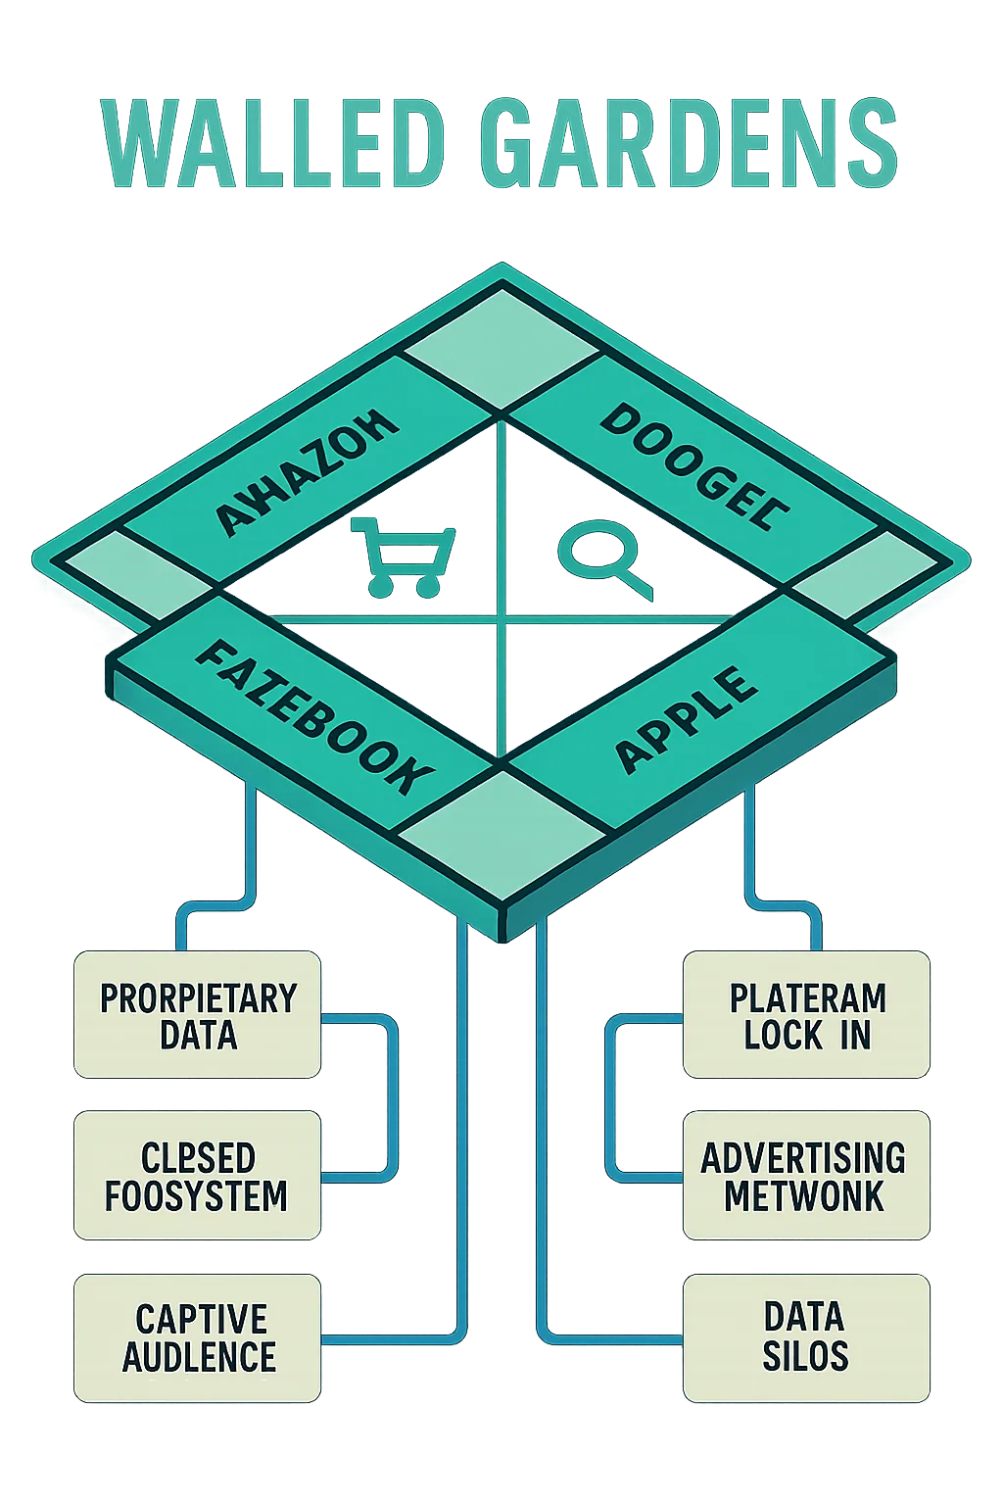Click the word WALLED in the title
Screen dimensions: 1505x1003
[x=274, y=145]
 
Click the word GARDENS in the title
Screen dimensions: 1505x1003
[x=689, y=145]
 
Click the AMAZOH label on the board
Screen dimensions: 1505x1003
[x=307, y=472]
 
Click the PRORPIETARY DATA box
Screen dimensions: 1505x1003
[x=197, y=1015]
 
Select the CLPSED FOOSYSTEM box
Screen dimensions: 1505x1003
[x=197, y=1176]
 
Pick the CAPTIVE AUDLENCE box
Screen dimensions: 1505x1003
[x=197, y=1337]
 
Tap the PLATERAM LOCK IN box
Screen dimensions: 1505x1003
[x=806, y=1015]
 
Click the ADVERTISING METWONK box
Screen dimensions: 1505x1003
[x=806, y=1176]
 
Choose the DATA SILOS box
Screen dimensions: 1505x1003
[x=806, y=1337]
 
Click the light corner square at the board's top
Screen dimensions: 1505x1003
[x=501, y=348]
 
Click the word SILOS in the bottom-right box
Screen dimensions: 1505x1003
[x=805, y=1357]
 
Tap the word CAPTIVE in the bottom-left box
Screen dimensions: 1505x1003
[x=201, y=1319]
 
